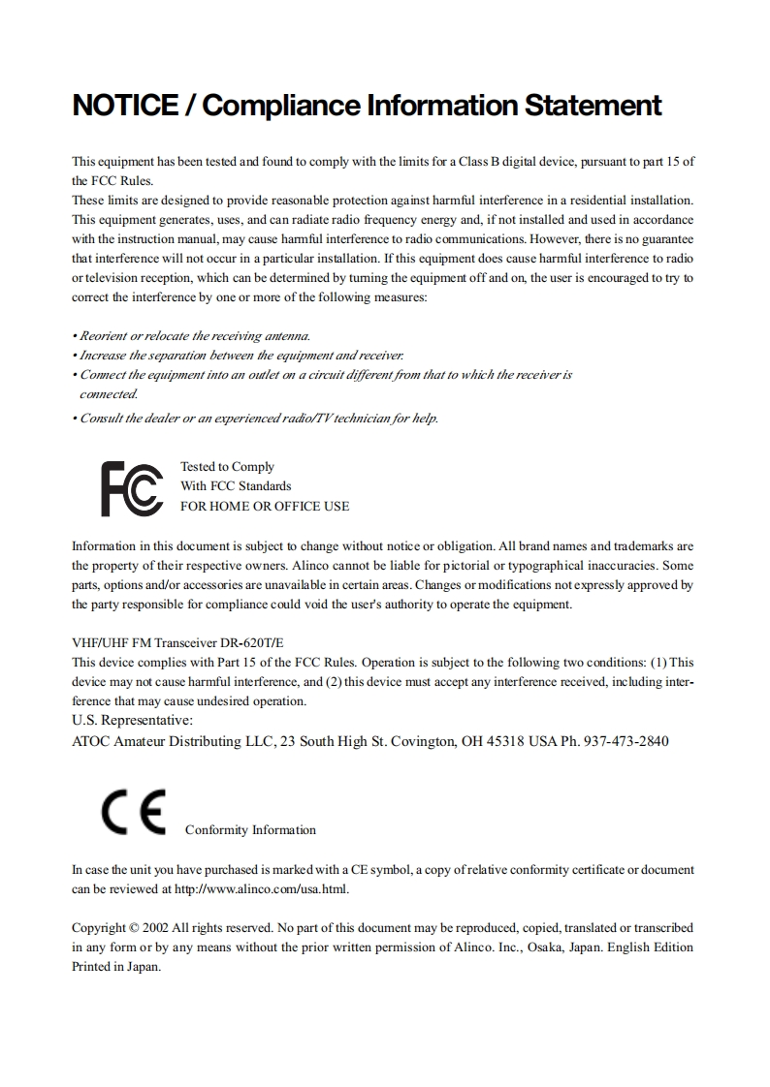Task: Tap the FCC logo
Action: (x=132, y=488)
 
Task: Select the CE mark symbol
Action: (x=133, y=812)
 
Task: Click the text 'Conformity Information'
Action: (x=250, y=830)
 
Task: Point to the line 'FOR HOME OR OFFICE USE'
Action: (x=265, y=506)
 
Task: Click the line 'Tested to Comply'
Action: (x=227, y=467)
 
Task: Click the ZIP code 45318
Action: (x=504, y=741)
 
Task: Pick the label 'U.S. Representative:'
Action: (x=133, y=721)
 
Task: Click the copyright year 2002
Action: (x=156, y=927)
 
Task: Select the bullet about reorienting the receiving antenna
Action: (x=191, y=336)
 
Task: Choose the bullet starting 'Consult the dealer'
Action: (x=255, y=419)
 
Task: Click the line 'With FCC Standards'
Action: (x=236, y=486)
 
